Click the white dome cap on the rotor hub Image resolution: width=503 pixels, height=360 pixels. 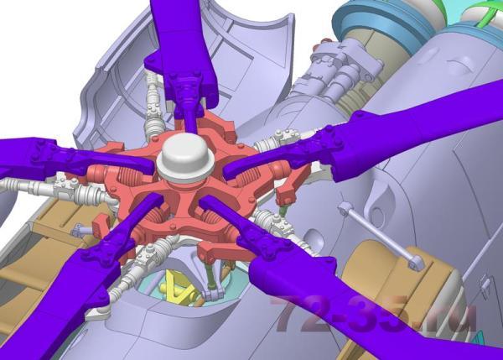pyautogui.click(x=185, y=158)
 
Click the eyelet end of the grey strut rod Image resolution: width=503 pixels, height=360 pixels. pyautogui.click(x=417, y=263)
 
